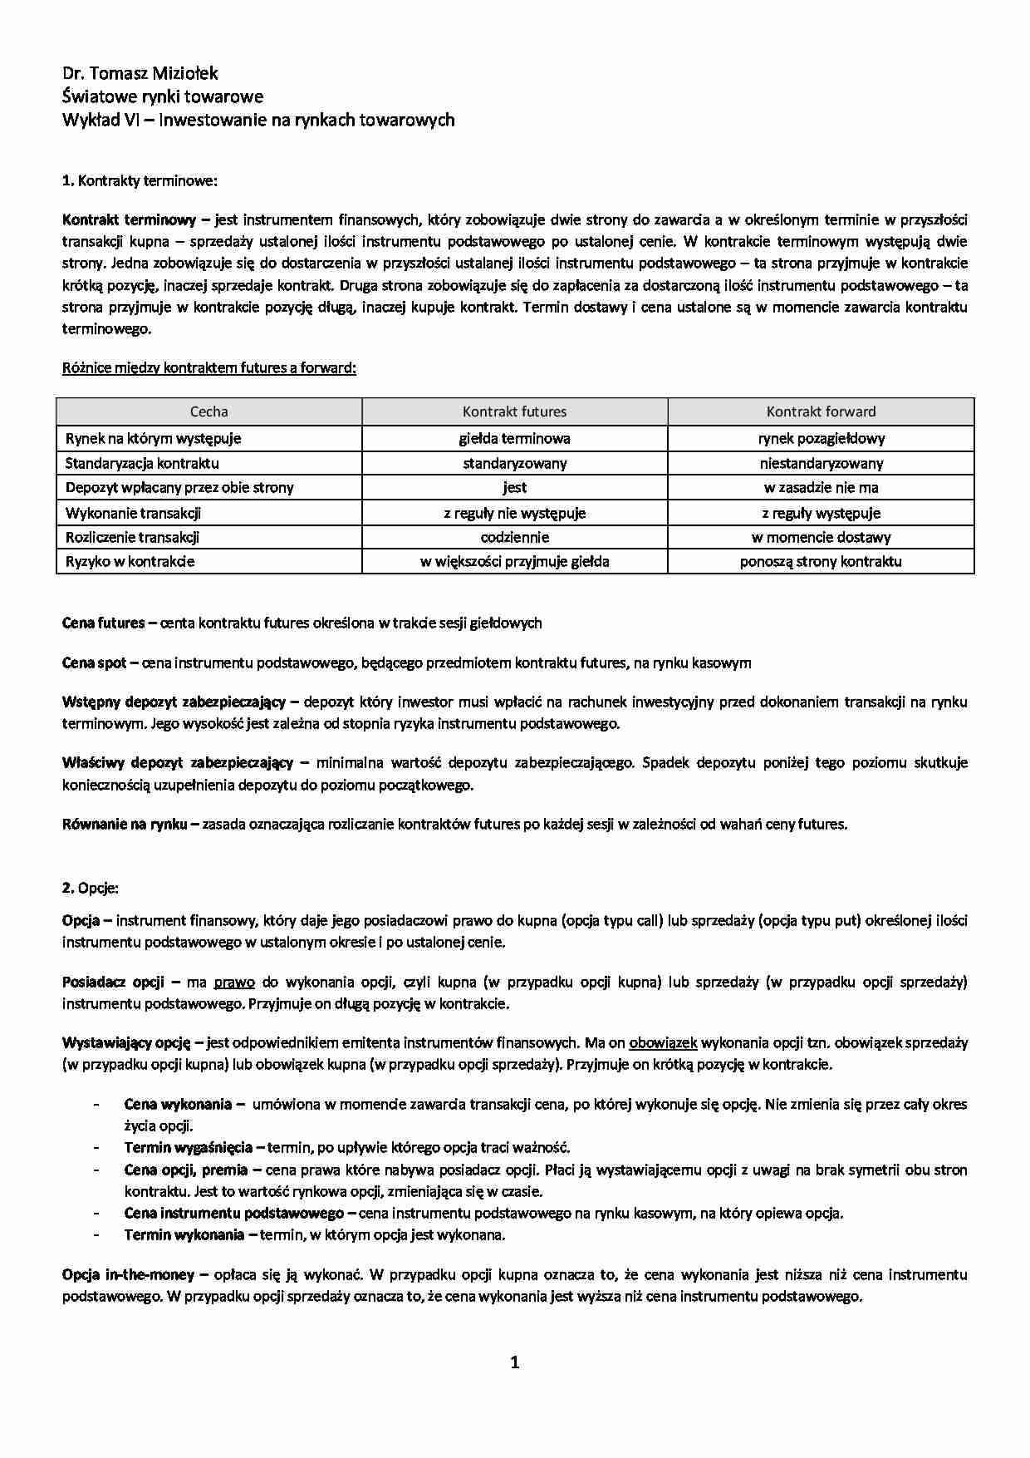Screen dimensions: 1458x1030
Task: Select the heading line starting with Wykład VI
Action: pyautogui.click(x=258, y=120)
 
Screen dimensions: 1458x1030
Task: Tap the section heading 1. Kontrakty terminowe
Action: pyautogui.click(x=140, y=180)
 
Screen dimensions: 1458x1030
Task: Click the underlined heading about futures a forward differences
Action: pyautogui.click(x=209, y=367)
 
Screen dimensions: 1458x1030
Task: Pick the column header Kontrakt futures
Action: pyautogui.click(x=514, y=411)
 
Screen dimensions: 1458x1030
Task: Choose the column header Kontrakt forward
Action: pyautogui.click(x=821, y=411)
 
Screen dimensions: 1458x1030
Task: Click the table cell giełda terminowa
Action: pyautogui.click(x=514, y=438)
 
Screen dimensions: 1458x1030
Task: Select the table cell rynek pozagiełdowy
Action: pyautogui.click(x=821, y=438)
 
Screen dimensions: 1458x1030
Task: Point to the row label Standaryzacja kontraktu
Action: pyautogui.click(x=142, y=463)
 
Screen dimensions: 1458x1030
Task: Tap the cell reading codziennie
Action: pyautogui.click(x=514, y=537)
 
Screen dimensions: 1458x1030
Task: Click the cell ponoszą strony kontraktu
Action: pyautogui.click(x=821, y=561)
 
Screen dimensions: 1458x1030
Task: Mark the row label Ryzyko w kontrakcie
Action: pyautogui.click(x=130, y=561)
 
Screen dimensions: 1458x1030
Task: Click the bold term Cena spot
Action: pyautogui.click(x=94, y=663)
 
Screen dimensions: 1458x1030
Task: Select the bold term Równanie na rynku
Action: pyautogui.click(x=125, y=825)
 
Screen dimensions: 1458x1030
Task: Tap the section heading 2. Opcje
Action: pyautogui.click(x=91, y=888)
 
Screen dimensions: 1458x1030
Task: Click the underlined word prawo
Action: pyautogui.click(x=234, y=982)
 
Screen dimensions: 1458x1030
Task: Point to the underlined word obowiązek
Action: pyautogui.click(x=663, y=1042)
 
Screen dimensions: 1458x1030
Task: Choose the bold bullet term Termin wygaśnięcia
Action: pyautogui.click(x=189, y=1148)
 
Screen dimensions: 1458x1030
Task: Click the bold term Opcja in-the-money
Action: pyautogui.click(x=129, y=1274)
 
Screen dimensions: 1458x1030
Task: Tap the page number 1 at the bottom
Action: pyautogui.click(x=515, y=1362)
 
